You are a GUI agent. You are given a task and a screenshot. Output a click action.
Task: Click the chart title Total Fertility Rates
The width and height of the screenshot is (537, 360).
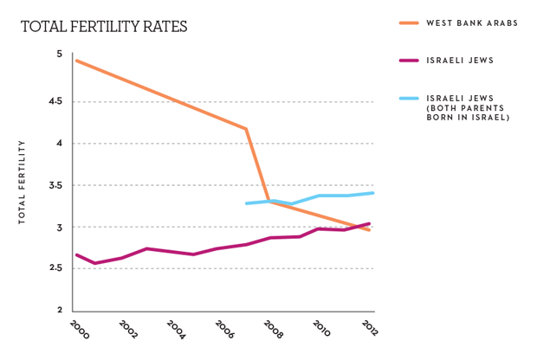[x=103, y=27]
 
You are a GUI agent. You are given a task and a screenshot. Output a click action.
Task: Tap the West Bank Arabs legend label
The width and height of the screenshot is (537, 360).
[x=471, y=23]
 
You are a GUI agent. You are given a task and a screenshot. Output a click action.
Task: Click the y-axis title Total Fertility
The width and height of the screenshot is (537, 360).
[x=23, y=182]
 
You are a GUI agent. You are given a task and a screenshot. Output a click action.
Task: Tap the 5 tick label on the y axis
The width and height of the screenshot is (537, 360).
[x=59, y=54]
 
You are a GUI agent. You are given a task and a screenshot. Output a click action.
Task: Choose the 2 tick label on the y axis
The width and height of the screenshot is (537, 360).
[x=59, y=310]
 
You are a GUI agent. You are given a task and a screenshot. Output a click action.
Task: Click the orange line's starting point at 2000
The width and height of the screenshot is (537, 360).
[x=76, y=61]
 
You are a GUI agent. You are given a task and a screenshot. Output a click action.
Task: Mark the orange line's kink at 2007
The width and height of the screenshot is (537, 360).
[x=247, y=129]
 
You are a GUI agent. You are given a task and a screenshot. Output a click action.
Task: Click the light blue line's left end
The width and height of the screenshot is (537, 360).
[x=247, y=203]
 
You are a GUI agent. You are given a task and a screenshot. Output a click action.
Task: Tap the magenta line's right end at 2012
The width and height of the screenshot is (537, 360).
[x=371, y=223]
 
